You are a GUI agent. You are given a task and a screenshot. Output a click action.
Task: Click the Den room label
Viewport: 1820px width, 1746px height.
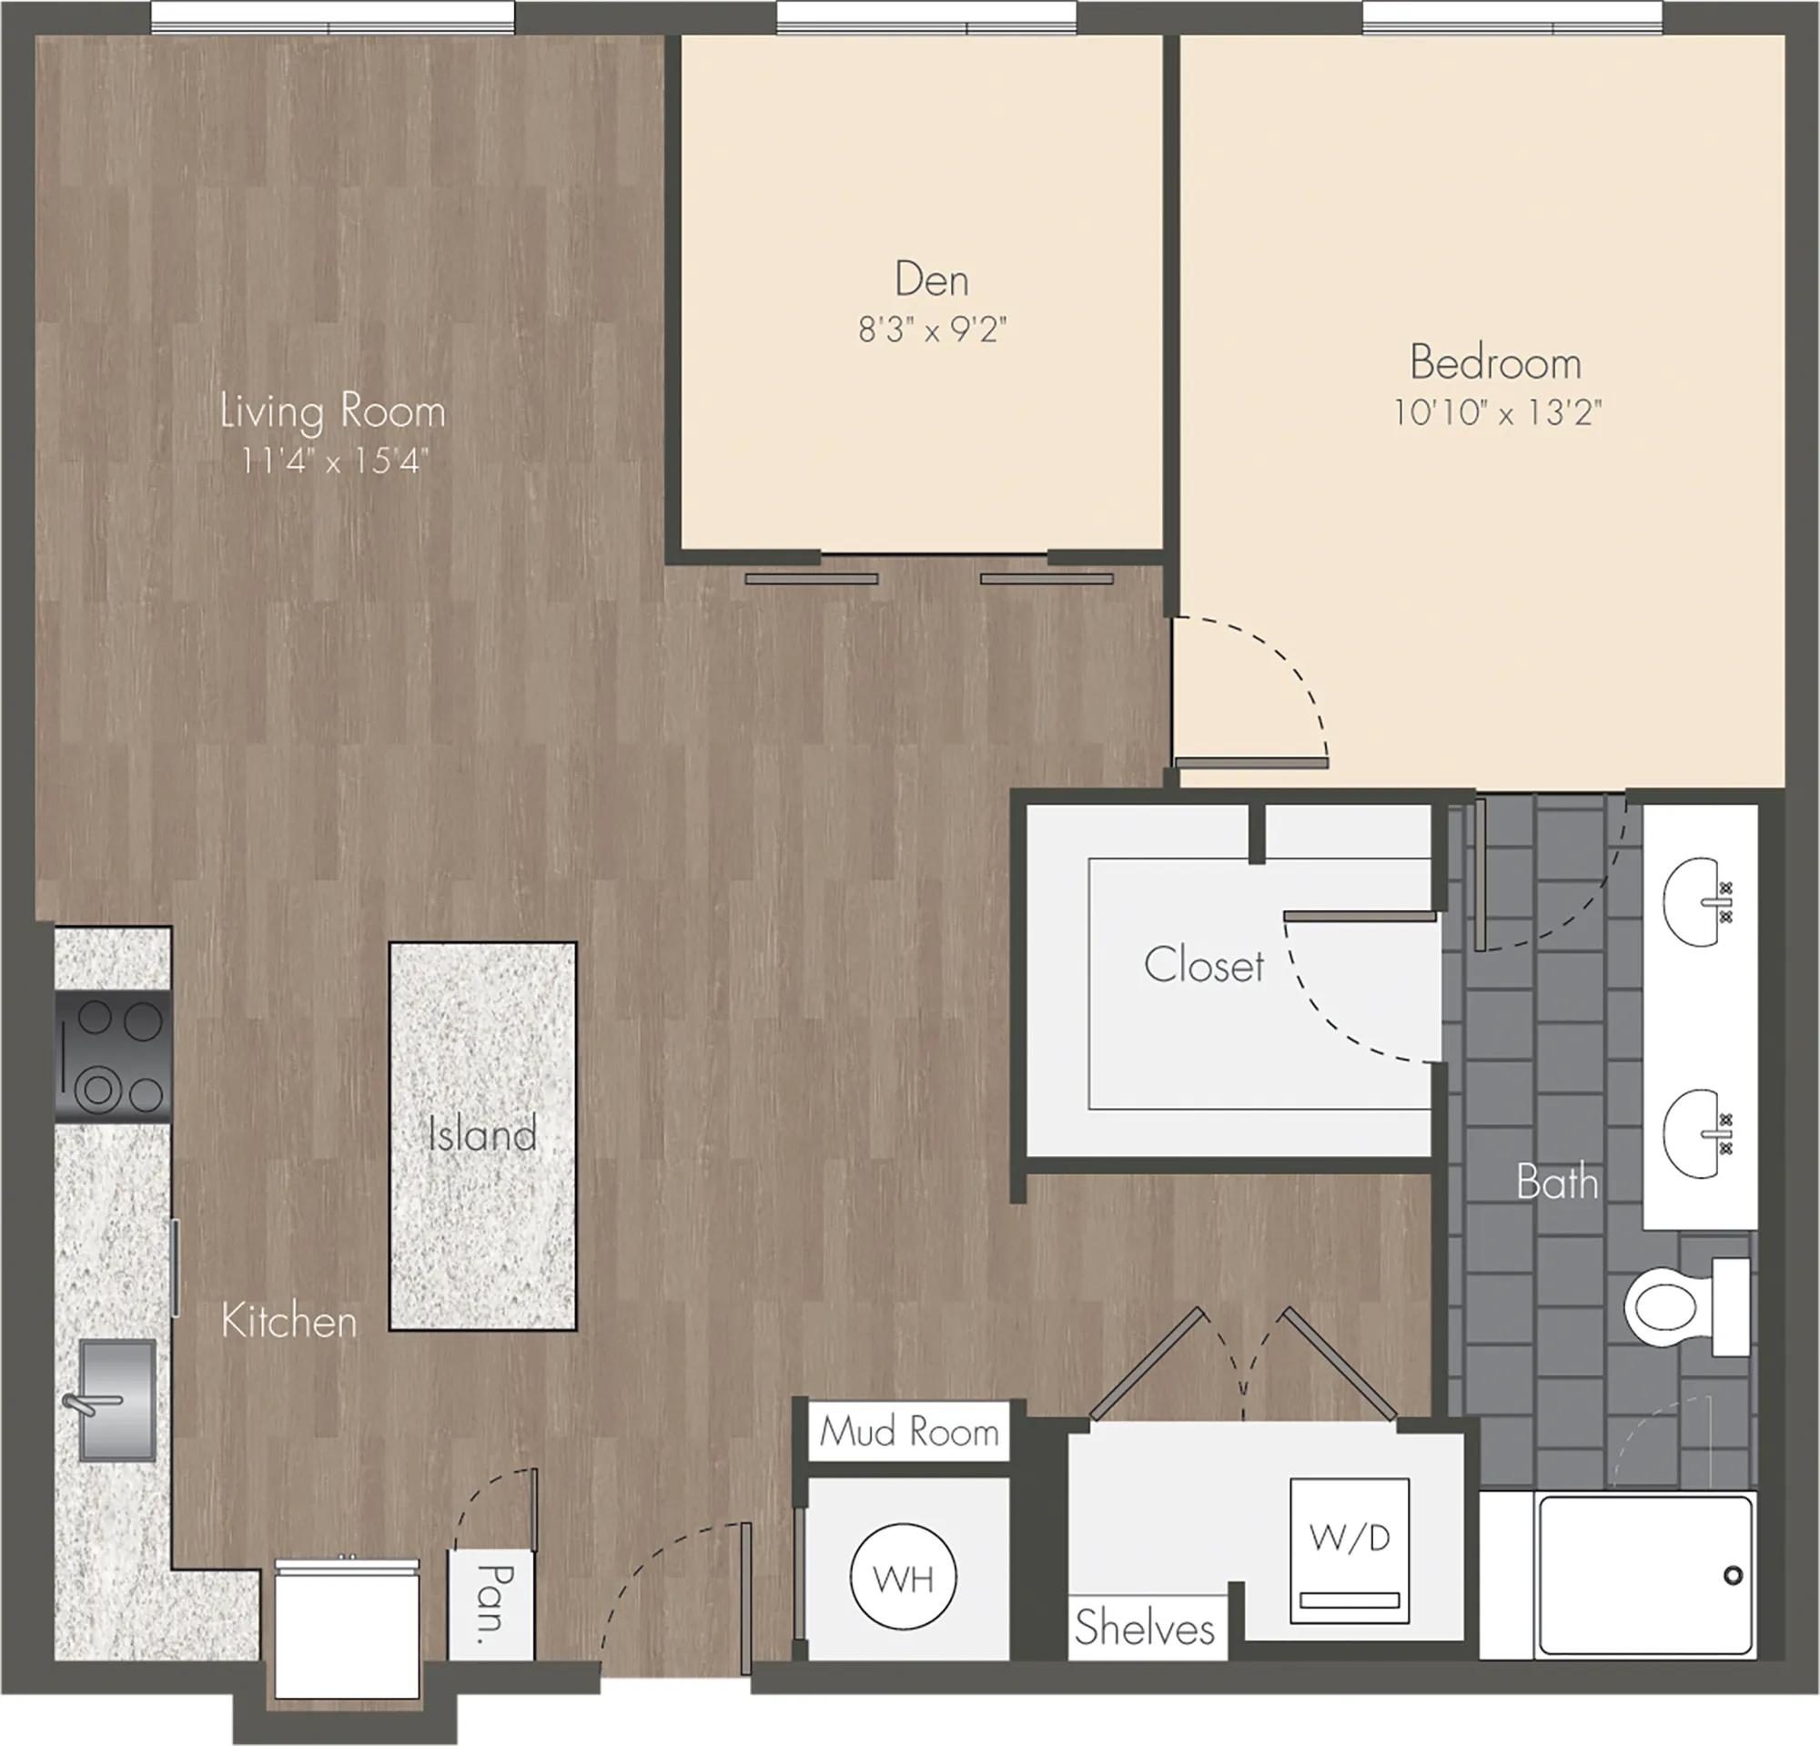pyautogui.click(x=931, y=279)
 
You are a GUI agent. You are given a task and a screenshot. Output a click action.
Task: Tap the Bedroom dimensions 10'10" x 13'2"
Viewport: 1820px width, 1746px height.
pyautogui.click(x=1497, y=411)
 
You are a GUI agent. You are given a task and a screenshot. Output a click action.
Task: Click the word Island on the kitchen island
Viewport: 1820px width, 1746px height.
pyautogui.click(x=482, y=1134)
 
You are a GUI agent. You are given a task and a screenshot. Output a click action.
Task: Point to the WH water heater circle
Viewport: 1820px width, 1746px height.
pyautogui.click(x=904, y=1577)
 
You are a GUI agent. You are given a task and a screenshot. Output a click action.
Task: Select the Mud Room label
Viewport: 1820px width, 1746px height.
pyautogui.click(x=909, y=1431)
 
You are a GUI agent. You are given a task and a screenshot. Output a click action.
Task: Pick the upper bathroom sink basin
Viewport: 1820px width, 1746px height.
pyautogui.click(x=1697, y=901)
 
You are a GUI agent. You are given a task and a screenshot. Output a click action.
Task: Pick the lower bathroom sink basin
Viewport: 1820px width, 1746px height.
pyautogui.click(x=1697, y=1133)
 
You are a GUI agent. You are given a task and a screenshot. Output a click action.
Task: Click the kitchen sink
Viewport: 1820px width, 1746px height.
pyautogui.click(x=116, y=1399)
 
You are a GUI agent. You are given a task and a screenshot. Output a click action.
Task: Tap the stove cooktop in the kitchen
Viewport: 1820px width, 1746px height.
pyautogui.click(x=113, y=1057)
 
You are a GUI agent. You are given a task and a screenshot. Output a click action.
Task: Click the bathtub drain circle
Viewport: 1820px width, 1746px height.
pyautogui.click(x=1733, y=1575)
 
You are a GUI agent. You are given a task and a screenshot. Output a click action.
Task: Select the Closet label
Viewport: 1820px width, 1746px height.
pyautogui.click(x=1203, y=965)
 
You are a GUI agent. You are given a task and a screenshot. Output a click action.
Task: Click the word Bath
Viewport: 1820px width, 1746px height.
pyautogui.click(x=1557, y=1183)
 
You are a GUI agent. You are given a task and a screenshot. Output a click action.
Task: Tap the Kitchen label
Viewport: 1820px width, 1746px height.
pyautogui.click(x=288, y=1321)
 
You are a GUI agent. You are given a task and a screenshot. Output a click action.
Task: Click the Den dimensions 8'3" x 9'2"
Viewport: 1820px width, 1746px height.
pyautogui.click(x=932, y=330)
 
